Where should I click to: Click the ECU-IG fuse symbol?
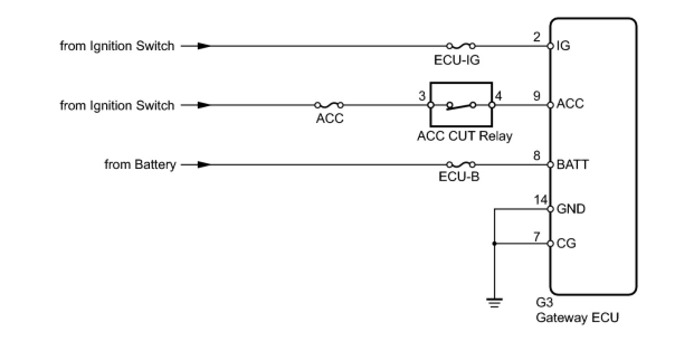[461, 45]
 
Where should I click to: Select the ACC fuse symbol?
[329, 105]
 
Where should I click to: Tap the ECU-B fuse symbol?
[461, 164]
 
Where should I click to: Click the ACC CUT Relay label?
[464, 136]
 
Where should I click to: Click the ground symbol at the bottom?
[494, 303]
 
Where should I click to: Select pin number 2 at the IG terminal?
[537, 37]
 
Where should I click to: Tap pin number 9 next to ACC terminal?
[537, 96]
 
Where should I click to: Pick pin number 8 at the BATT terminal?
[537, 156]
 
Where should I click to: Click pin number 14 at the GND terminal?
[540, 200]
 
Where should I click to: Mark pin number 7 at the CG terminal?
[537, 236]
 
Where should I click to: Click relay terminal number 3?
[422, 96]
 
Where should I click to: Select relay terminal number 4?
[498, 96]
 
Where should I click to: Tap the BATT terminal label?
[572, 165]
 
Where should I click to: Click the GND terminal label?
[571, 209]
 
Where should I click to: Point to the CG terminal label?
[566, 244]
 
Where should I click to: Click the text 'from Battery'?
[140, 165]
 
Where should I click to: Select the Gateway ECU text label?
[577, 318]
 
